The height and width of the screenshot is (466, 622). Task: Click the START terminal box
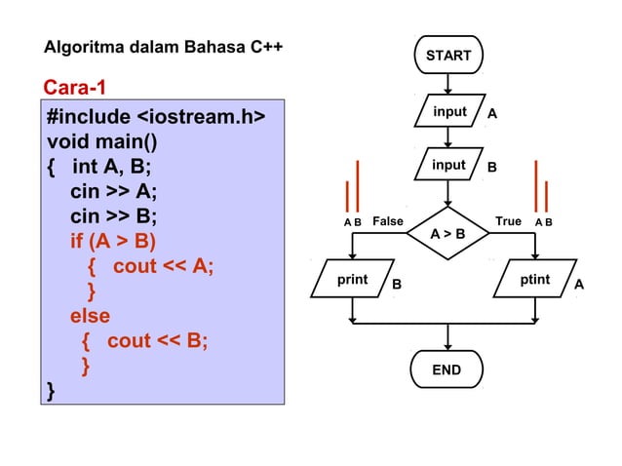pos(447,56)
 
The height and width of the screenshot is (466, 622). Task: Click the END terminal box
pos(447,370)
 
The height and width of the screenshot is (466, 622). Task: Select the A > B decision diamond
pos(447,234)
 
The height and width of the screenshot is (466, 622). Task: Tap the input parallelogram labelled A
pos(449,113)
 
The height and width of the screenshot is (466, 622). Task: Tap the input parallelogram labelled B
pos(449,166)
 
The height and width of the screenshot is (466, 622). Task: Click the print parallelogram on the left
pos(352,281)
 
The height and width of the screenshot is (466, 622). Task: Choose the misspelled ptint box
pos(535,281)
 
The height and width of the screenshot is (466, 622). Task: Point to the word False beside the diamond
pos(387,221)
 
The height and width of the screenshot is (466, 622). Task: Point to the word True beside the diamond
pos(508,221)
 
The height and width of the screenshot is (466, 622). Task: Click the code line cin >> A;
pos(113,191)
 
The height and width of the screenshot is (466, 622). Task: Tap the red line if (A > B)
pos(112,241)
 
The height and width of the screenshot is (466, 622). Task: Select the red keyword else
pos(89,316)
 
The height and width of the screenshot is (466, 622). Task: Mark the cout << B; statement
pos(157,341)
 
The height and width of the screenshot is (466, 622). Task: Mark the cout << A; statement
pos(163,266)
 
